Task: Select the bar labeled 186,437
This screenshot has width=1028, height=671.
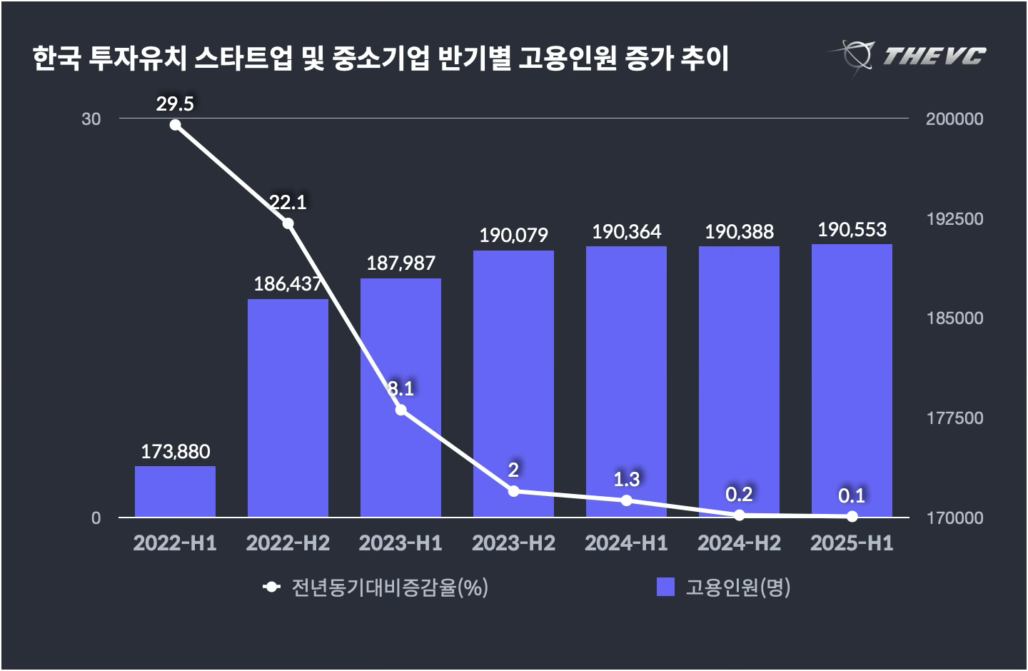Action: [x=288, y=407]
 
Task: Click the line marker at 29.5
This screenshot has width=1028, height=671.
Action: [x=176, y=126]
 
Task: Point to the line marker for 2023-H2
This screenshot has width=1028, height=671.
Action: [x=513, y=491]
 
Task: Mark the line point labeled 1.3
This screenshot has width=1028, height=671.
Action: [x=626, y=500]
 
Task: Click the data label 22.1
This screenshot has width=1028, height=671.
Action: [x=288, y=203]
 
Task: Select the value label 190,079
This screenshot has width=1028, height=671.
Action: [x=513, y=235]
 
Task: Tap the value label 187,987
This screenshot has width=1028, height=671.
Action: [x=400, y=263]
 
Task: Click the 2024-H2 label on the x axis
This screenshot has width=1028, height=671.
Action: [x=739, y=543]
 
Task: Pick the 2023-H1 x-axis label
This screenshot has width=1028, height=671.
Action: [x=400, y=543]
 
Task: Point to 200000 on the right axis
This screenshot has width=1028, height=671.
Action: [x=954, y=119]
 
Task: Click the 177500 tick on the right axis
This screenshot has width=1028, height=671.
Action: [x=954, y=418]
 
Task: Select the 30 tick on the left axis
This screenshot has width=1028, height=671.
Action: [x=91, y=119]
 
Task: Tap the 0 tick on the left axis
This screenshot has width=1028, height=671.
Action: [x=96, y=518]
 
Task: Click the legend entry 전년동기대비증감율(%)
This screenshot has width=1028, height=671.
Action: [x=389, y=587]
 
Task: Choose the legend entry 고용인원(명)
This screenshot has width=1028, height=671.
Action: [x=737, y=587]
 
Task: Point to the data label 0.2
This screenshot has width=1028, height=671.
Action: [x=739, y=494]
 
